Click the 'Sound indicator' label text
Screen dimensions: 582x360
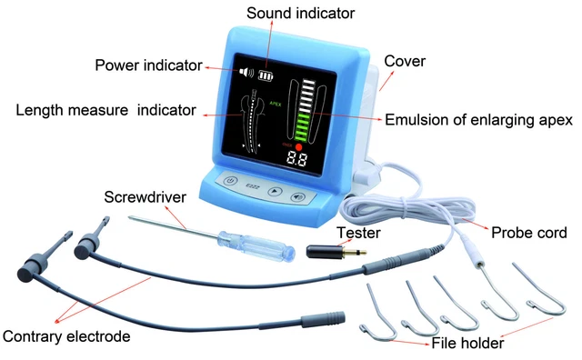(301, 14)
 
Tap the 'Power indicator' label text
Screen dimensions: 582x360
(149, 65)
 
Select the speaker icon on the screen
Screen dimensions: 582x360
(246, 72)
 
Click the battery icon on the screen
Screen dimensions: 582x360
(266, 75)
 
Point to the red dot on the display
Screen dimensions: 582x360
(298, 146)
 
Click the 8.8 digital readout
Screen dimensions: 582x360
(296, 160)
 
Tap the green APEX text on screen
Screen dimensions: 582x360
(275, 105)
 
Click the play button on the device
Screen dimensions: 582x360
(275, 192)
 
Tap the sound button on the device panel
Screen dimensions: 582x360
(297, 196)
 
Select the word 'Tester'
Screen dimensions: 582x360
(358, 233)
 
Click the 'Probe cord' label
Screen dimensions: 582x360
(529, 233)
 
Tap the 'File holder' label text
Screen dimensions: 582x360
(467, 343)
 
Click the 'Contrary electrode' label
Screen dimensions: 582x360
(66, 336)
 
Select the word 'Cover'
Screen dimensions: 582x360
(405, 61)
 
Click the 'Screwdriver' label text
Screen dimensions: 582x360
(145, 197)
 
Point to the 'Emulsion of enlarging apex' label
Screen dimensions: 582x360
(479, 120)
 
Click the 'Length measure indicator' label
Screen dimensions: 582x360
(105, 110)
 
